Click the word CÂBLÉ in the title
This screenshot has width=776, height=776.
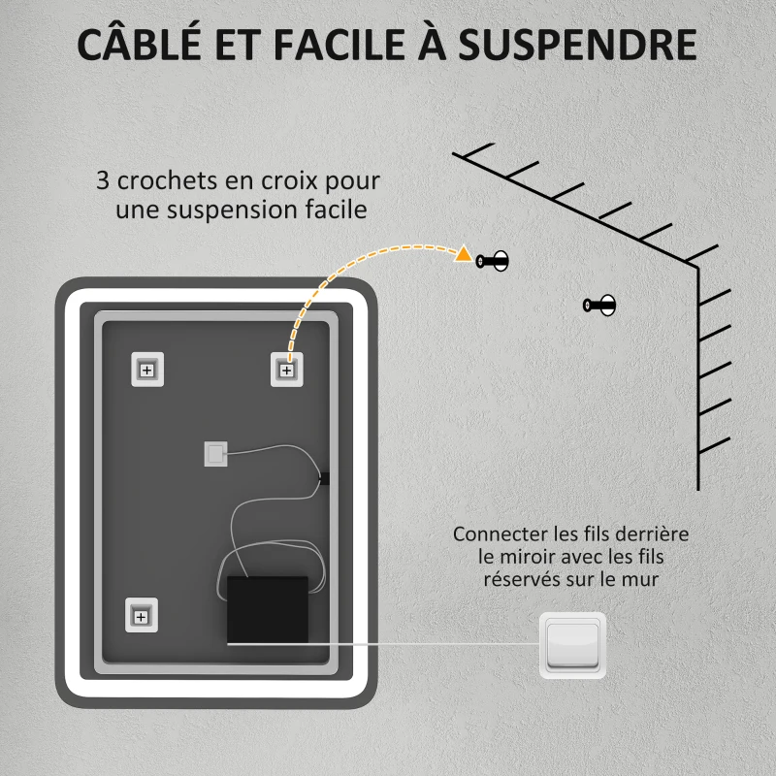pyautogui.click(x=139, y=43)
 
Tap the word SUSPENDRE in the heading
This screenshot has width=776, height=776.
pyautogui.click(x=577, y=45)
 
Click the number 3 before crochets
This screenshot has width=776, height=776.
pyautogui.click(x=103, y=180)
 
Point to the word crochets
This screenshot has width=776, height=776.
pyautogui.click(x=167, y=180)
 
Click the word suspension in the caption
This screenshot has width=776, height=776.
pyautogui.click(x=232, y=210)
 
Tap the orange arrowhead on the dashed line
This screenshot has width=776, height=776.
pyautogui.click(x=464, y=254)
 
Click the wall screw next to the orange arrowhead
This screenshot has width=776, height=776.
pyautogui.click(x=493, y=261)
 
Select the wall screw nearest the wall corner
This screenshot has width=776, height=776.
pyautogui.click(x=599, y=305)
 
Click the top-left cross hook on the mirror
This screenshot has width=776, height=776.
pyautogui.click(x=147, y=370)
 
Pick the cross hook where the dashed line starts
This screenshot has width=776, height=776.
pyautogui.click(x=286, y=370)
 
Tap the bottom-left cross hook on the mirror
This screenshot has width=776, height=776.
pyautogui.click(x=141, y=615)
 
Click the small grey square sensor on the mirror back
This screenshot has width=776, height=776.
pyautogui.click(x=216, y=454)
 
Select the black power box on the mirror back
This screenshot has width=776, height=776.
pyautogui.click(x=268, y=610)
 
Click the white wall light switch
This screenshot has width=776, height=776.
pyautogui.click(x=572, y=645)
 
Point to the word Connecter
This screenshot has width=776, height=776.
pyautogui.click(x=501, y=534)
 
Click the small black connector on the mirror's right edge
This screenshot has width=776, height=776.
pyautogui.click(x=324, y=478)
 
